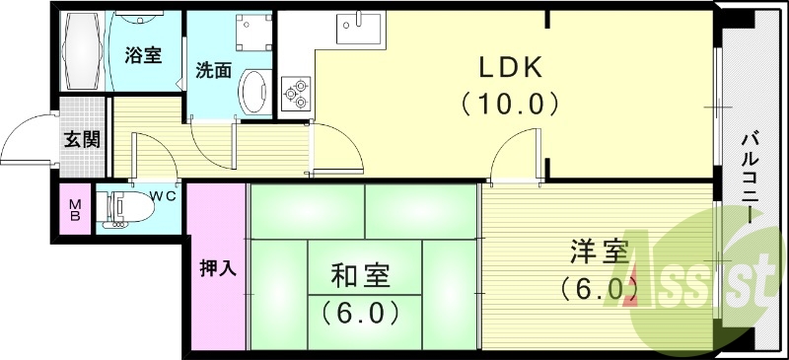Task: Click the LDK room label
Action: pyautogui.click(x=510, y=68)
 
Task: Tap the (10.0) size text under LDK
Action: pyautogui.click(x=510, y=103)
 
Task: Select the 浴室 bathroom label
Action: pyautogui.click(x=142, y=55)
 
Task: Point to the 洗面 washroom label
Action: pyautogui.click(x=213, y=71)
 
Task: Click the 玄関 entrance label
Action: pyautogui.click(x=82, y=139)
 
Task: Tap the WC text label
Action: pyautogui.click(x=163, y=195)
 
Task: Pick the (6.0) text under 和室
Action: pyautogui.click(x=360, y=314)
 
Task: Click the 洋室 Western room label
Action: pyautogui.click(x=597, y=252)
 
